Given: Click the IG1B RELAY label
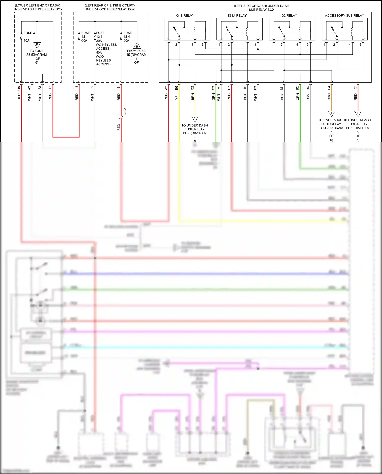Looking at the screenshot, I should [x=185, y=16].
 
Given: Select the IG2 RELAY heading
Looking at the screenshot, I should [x=289, y=16].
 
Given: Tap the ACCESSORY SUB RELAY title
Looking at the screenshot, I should [x=344, y=16].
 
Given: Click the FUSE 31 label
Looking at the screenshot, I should [x=30, y=33].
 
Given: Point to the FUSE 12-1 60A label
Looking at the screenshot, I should [x=85, y=37].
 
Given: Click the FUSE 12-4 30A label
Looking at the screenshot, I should [x=127, y=37].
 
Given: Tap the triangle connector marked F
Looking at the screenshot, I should [x=37, y=45].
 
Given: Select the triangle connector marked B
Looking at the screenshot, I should [x=137, y=46].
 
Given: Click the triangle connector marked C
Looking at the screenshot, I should [x=195, y=118].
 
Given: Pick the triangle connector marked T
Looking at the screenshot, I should [x=331, y=113].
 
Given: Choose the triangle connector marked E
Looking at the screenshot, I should [x=358, y=113].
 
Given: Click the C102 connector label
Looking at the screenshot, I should [x=125, y=112].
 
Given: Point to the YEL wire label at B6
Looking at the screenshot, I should [x=177, y=97].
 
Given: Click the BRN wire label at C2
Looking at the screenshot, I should [x=193, y=97].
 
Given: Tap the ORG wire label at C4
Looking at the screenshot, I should [x=329, y=97].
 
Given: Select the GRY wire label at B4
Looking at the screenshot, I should [x=308, y=97].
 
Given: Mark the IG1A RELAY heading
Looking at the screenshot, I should [x=237, y=16].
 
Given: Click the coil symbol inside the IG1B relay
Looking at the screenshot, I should [x=195, y=32].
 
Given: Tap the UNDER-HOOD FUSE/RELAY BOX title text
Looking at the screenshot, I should [x=110, y=9].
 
